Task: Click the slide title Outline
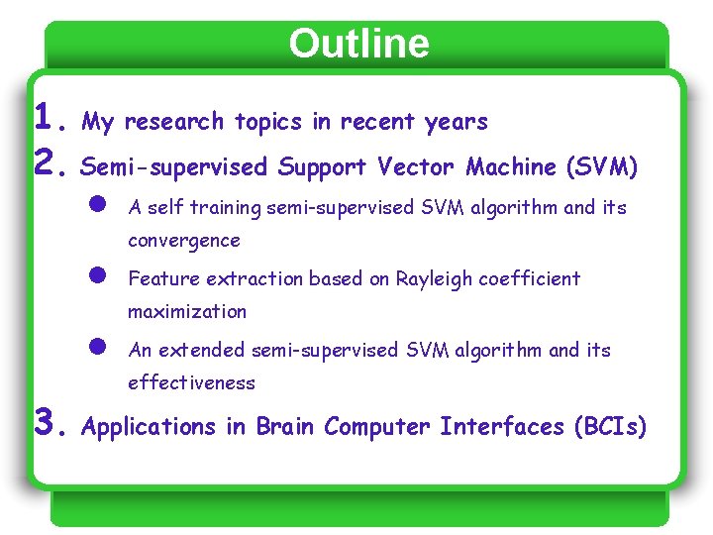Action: [x=358, y=44]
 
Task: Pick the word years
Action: [x=457, y=122]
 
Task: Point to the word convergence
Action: [x=184, y=241]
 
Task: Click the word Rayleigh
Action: [x=434, y=279]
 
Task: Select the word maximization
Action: [x=187, y=312]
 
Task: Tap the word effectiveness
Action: [x=191, y=383]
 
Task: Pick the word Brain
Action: [x=285, y=427]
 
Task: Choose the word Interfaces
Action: [x=501, y=427]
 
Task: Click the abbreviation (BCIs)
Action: [x=609, y=427]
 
